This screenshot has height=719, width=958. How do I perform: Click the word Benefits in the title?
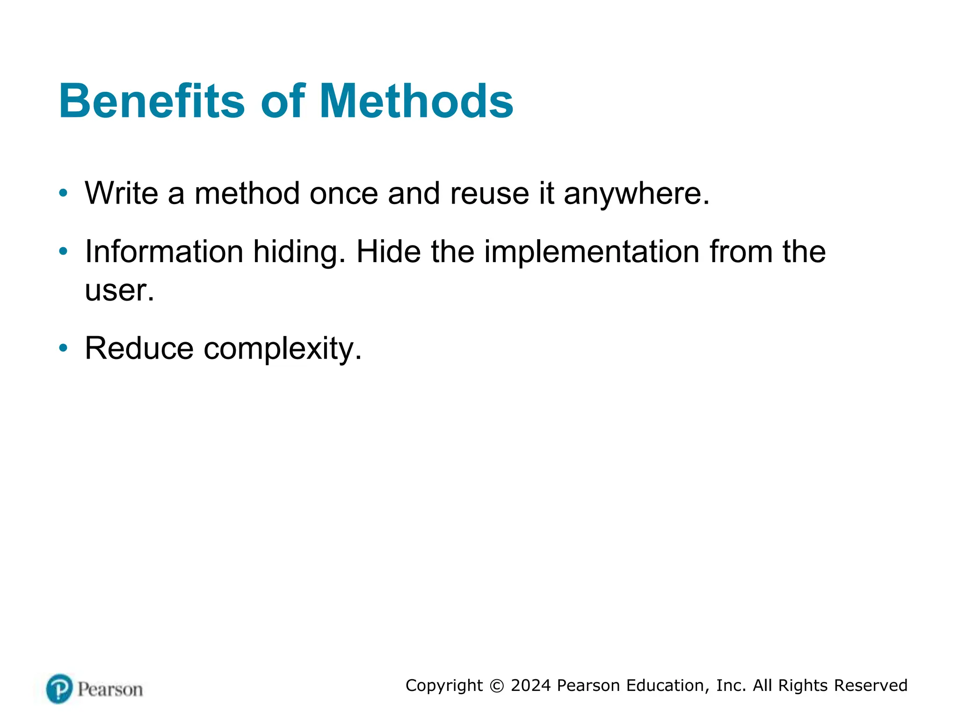[x=152, y=101]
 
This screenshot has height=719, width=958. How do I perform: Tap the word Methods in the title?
[x=416, y=101]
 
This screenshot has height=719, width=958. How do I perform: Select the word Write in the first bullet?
[x=121, y=193]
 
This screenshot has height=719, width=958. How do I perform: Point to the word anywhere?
[x=636, y=194]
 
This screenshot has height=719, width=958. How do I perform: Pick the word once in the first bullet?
[x=343, y=194]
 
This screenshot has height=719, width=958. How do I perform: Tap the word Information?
[x=164, y=251]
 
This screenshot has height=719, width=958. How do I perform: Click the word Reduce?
[x=139, y=348]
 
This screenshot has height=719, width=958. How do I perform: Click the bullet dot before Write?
[x=63, y=192]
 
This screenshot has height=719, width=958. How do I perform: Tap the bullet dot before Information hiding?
[x=63, y=251]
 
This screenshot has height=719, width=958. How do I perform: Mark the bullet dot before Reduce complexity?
[x=63, y=348]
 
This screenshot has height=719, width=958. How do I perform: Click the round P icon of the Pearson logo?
[x=59, y=689]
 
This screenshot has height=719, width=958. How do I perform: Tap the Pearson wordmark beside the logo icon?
[x=110, y=690]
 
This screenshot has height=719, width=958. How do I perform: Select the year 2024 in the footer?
[x=531, y=685]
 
